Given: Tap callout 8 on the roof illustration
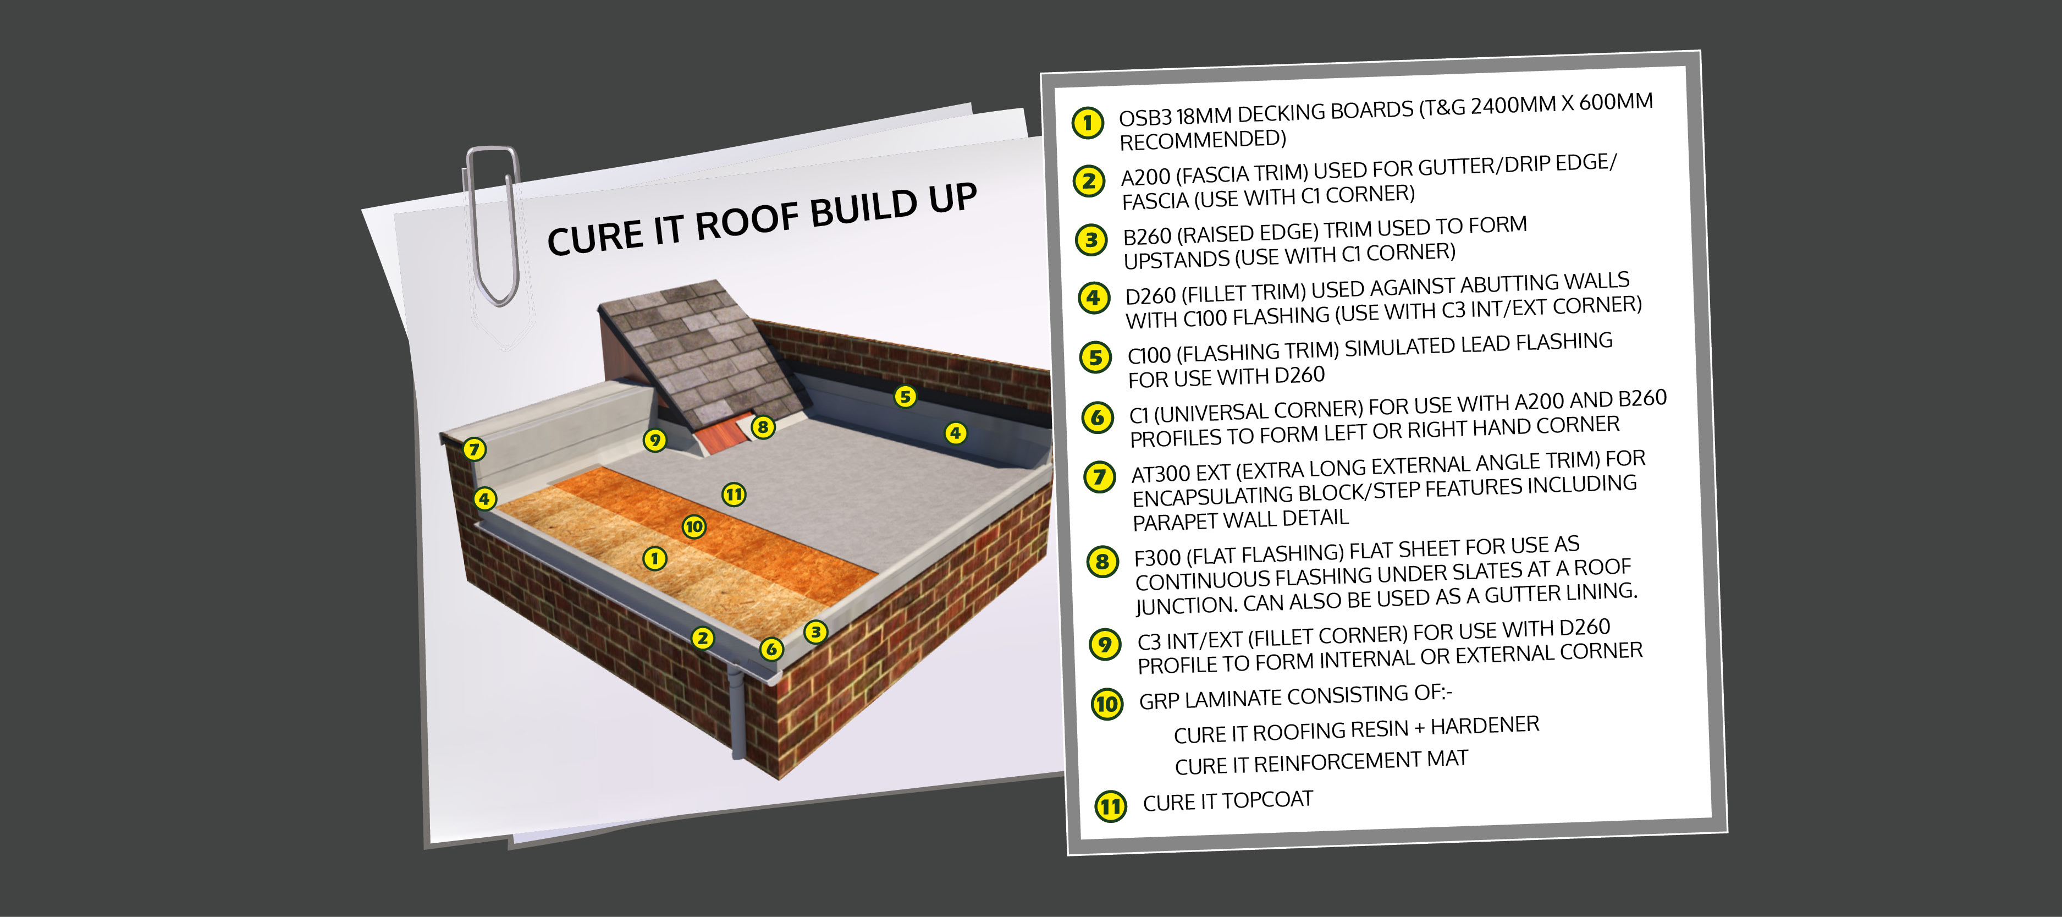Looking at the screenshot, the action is [763, 427].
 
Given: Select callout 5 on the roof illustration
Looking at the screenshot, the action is [905, 397].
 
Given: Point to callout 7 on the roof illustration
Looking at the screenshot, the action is [475, 448].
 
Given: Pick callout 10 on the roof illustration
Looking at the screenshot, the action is [694, 526].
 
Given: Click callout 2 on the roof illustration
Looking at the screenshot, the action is [703, 638].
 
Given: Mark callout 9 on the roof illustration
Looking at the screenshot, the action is [655, 440].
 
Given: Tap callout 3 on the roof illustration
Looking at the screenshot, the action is [815, 632].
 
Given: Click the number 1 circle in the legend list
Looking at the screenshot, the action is [1088, 123].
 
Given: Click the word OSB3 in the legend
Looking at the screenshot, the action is [1145, 118].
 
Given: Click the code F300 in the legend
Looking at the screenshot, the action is [1159, 557].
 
